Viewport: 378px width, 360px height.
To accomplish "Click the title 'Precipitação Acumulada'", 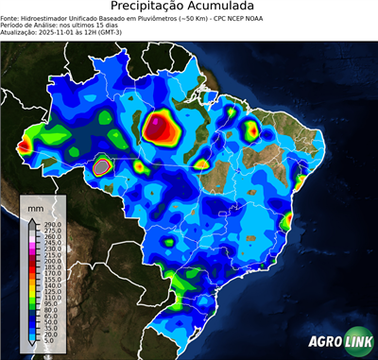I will pyautogui.click(x=188, y=7).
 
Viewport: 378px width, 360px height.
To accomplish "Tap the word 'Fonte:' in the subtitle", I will pyautogui.click(x=11, y=18).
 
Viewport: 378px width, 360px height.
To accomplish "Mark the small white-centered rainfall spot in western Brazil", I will pyautogui.click(x=102, y=166).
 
